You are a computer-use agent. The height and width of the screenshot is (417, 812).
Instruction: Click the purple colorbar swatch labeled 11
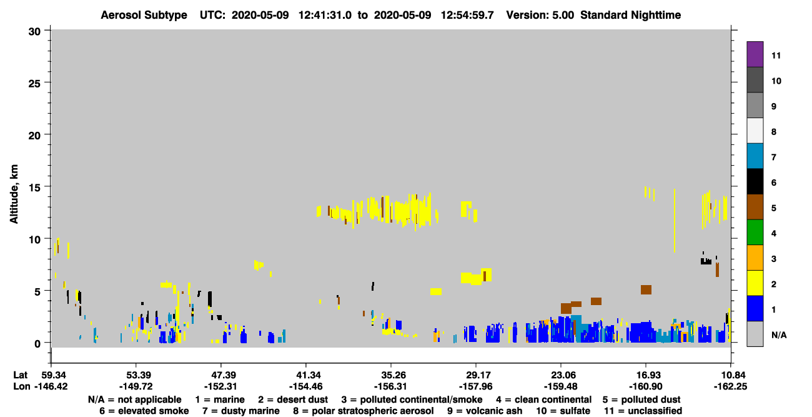[x=755, y=54]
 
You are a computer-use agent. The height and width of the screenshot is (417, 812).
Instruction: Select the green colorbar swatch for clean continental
[x=755, y=233]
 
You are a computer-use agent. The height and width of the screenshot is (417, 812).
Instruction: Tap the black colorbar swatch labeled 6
[x=755, y=181]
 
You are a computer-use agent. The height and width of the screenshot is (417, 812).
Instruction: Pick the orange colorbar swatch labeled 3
[x=755, y=258]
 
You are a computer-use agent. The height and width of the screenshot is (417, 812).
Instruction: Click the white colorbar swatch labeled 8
[x=755, y=131]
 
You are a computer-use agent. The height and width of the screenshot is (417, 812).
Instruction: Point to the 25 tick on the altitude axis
[x=47, y=83]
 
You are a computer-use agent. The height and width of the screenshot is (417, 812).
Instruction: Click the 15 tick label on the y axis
[x=35, y=188]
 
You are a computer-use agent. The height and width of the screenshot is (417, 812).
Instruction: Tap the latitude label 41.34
[x=306, y=375]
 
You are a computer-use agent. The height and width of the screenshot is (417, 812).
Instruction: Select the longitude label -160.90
[x=646, y=386]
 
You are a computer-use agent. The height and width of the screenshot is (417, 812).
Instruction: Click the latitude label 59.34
[x=51, y=375]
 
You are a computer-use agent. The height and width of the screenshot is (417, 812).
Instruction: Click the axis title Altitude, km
[x=14, y=194]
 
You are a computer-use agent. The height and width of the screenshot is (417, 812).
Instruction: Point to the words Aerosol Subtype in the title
[x=144, y=15]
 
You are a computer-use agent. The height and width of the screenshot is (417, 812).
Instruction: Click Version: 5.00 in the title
[x=540, y=15]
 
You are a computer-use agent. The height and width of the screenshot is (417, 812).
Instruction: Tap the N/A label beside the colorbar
[x=779, y=335]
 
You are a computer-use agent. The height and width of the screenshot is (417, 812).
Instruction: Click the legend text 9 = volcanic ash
[x=485, y=411]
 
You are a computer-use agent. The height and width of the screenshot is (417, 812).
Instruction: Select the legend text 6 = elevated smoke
[x=144, y=411]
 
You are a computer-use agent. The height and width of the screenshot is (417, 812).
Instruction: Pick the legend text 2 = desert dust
[x=293, y=399]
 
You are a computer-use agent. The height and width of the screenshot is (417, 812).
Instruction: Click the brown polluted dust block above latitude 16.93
[x=646, y=289]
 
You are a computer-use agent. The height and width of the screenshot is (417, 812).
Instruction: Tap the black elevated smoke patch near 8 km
[x=706, y=261]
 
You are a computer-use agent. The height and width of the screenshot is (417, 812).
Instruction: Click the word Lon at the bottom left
[x=22, y=386]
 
